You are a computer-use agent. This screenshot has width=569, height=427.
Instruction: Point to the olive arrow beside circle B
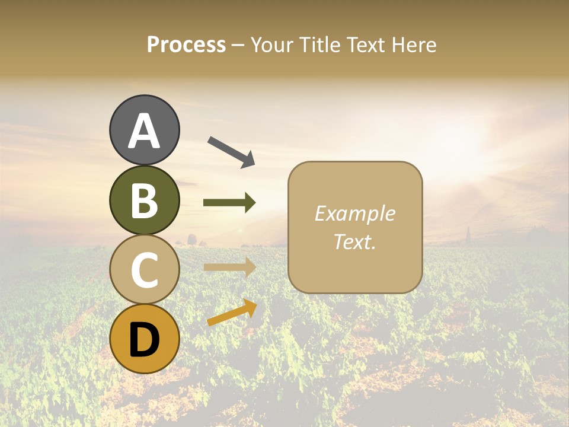229,203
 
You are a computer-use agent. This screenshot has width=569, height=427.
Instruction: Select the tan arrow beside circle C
229,267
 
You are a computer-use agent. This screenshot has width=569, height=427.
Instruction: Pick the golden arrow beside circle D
232,313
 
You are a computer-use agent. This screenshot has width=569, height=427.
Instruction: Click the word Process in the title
186,45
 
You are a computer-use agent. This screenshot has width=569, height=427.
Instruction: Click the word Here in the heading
414,45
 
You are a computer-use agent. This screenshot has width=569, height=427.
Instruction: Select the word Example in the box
355,213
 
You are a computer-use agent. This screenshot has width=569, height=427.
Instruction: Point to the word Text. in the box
355,241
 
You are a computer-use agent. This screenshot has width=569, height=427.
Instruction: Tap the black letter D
145,340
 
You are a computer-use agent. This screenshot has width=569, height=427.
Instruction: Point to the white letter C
145,270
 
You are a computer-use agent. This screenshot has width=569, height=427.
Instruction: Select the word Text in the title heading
366,45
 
